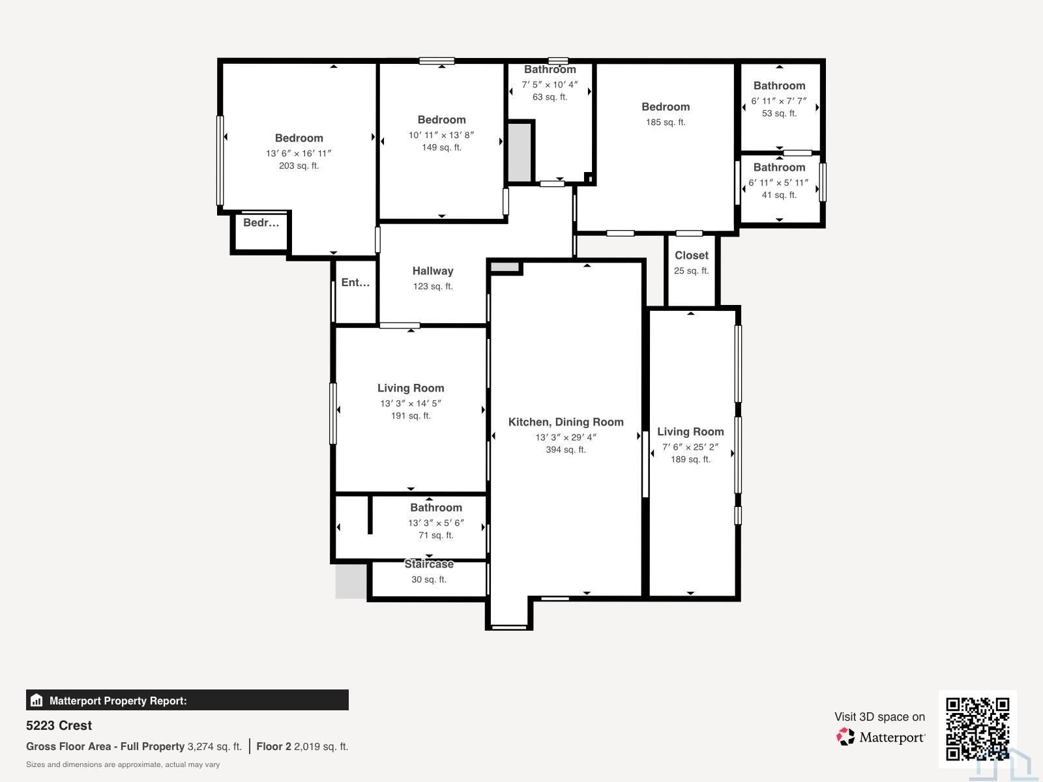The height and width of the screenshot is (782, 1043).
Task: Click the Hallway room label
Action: pos(432,271)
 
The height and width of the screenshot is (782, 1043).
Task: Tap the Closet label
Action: pos(692,255)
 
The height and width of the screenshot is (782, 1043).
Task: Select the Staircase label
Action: pos(428,564)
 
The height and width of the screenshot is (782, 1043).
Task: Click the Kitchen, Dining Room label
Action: pos(565,422)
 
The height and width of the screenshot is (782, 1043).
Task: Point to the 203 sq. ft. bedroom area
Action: pos(299,166)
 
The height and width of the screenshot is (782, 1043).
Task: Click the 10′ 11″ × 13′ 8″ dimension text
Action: pos(441,136)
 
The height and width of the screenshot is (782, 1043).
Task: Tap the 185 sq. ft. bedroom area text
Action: pos(666,122)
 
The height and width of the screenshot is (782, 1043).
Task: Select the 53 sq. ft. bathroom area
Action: pos(779,113)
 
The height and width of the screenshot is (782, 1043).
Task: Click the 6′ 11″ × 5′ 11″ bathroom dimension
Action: pos(779,183)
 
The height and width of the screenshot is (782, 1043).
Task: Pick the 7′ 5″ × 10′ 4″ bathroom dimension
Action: pos(550,85)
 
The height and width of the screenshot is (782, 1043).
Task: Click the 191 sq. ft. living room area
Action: pos(411,416)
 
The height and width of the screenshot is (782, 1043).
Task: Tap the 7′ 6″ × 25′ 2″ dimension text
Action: pos(690,447)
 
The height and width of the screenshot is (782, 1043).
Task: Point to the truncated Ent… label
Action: pos(355,283)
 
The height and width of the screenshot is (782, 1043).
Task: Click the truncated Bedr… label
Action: pos(261,223)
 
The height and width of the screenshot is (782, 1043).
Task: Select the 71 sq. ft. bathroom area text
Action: pos(435,536)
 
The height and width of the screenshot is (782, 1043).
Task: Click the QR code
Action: pos(977,729)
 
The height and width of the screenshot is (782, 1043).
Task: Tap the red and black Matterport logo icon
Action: pos(845,736)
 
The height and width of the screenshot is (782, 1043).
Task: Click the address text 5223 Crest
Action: pos(59,725)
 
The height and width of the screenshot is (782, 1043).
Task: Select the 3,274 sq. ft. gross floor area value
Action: pos(214,746)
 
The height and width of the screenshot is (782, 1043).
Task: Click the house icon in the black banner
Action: pos(37,701)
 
